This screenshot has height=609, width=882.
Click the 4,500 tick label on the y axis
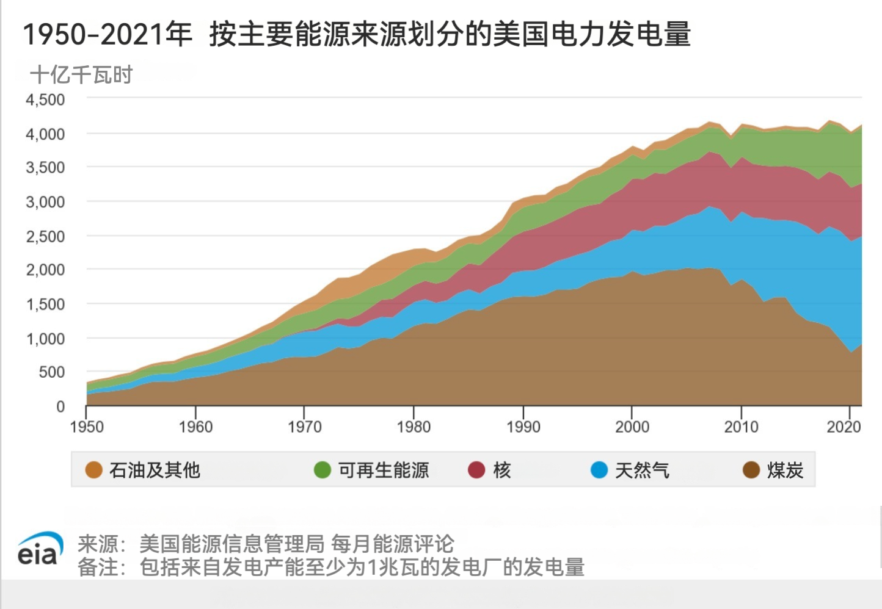coord(45,99)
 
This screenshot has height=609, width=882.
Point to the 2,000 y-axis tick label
coord(45,270)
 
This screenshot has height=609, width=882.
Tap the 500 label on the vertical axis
coord(51,372)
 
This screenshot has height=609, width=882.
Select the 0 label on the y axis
coord(60,406)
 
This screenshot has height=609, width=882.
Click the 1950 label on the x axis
coord(87,427)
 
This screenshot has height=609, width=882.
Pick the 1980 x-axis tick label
coord(414,427)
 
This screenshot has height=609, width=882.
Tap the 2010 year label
coord(741,427)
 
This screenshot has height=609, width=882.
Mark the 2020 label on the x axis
coord(844,427)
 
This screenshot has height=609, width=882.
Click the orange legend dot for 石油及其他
coord(93,470)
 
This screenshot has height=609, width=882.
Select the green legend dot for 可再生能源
coord(322,470)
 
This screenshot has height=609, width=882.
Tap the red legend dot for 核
coord(476,470)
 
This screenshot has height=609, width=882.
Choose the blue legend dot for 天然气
coord(599,470)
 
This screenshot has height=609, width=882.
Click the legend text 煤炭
coord(785,470)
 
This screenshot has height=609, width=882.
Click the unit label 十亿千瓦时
coord(81,75)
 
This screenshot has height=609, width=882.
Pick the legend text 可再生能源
coord(384,470)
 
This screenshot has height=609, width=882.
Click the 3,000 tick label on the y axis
coord(45,202)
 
